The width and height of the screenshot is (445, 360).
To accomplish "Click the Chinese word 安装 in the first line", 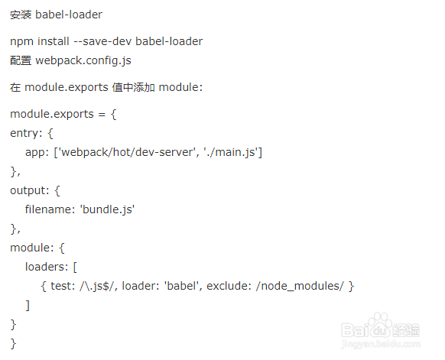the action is pos(21,15).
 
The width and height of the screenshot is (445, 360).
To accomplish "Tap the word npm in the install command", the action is pos(21,42).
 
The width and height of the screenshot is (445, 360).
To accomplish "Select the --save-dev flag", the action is pos(102,41).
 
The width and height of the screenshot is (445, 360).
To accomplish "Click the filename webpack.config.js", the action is pos(83,61).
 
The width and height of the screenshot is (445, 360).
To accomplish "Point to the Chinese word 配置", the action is pos(21,60).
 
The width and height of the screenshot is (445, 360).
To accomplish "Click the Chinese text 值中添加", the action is pos(133,87).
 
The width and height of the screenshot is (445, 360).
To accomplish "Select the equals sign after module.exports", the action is pos(102,115).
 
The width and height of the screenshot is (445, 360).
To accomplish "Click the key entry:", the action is pos(26,133).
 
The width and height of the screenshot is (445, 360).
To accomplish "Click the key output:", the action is pos(30,190).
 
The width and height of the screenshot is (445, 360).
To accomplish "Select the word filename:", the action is pos(50,209).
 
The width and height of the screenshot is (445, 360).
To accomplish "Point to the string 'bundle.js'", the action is pos(108,209).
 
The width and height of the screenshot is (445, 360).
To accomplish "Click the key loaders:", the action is pos(47,267).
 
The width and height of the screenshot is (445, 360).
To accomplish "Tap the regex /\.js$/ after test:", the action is pos(98,286).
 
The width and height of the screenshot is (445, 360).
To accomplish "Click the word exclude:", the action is pos(229,286).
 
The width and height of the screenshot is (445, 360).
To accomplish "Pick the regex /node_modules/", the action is pos(300,286).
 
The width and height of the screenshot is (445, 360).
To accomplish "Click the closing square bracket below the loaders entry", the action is pos(28,305).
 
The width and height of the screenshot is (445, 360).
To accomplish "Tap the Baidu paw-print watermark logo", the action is pos(380,326).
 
